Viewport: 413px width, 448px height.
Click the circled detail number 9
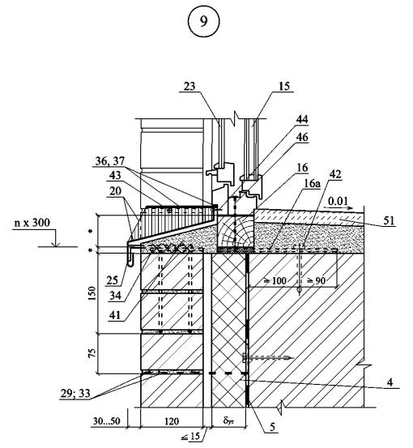(x=203, y=21)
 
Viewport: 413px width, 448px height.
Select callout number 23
(x=189, y=86)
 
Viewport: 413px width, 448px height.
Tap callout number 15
(x=284, y=86)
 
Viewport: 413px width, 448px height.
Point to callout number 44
(x=302, y=119)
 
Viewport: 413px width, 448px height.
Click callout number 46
(x=302, y=138)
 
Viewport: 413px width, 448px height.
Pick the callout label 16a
(x=312, y=184)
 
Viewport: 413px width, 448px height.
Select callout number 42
(x=335, y=174)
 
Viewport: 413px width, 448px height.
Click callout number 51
(x=389, y=220)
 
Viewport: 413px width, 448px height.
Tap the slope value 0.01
(x=338, y=201)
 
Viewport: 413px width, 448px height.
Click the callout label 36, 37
(x=110, y=161)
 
